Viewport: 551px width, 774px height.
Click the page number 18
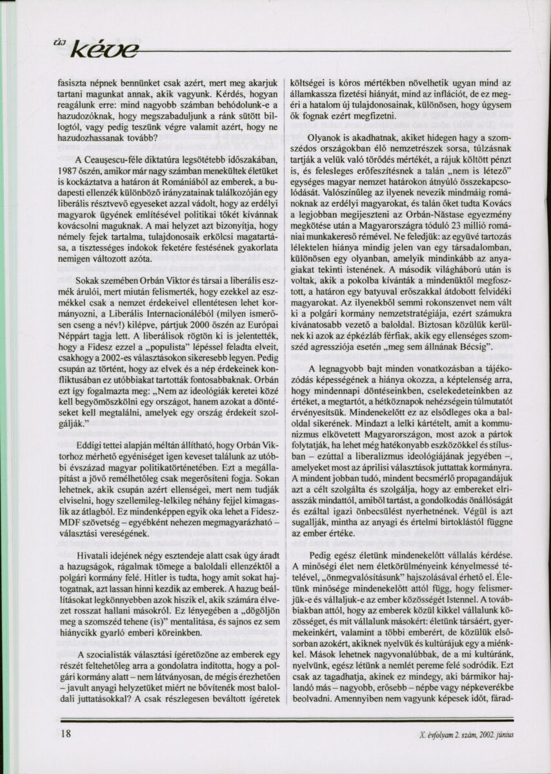pos(66,733)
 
